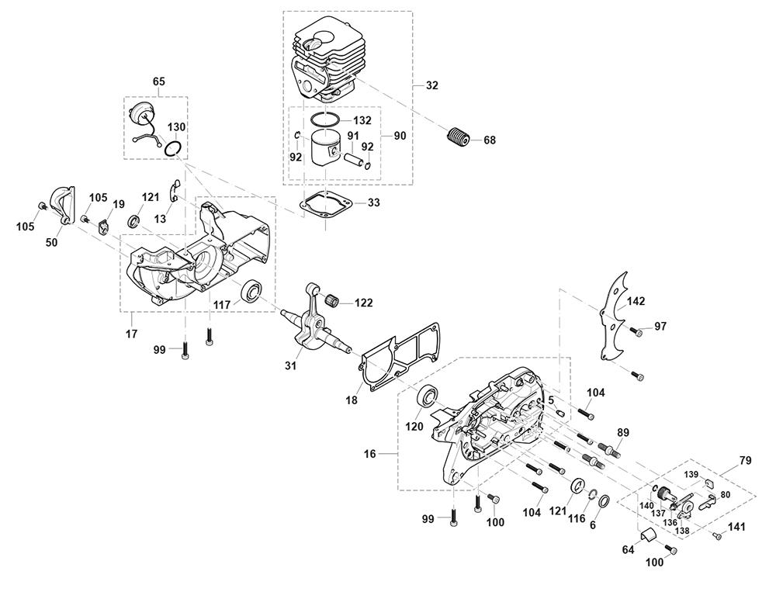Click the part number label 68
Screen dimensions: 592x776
pos(490,140)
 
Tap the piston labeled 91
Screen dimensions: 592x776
pos(327,147)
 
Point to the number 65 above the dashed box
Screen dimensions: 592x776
pos(158,81)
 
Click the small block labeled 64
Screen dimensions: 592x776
pos(645,534)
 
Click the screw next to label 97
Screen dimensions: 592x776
pos(637,332)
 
